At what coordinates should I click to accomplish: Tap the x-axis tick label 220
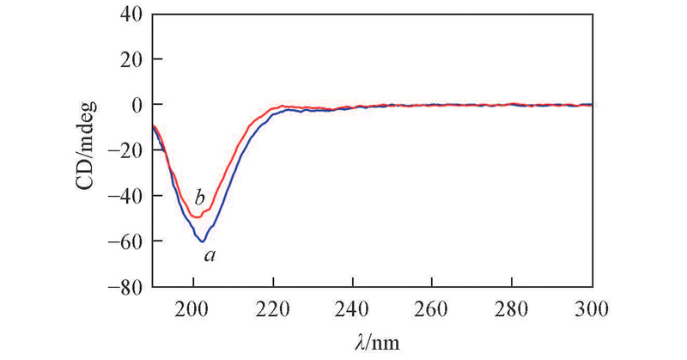(273, 305)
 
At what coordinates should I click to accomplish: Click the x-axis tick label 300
(591, 305)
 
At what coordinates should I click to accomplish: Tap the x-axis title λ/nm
(372, 341)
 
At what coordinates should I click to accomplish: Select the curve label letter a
(208, 255)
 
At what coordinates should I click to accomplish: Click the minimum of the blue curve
(203, 241)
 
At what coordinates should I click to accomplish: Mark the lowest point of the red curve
(197, 217)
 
